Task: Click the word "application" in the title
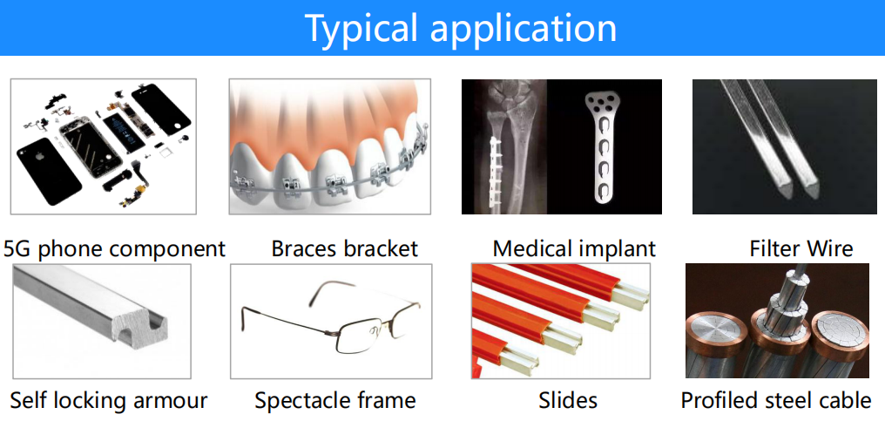[x=524, y=28]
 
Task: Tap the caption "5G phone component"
[x=115, y=248]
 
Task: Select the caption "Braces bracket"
[x=344, y=248]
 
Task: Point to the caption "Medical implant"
[x=574, y=248]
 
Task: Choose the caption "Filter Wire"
[x=801, y=248]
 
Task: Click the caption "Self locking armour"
[x=109, y=401]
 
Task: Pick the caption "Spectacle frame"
[x=334, y=401]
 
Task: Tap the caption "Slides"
[x=568, y=401]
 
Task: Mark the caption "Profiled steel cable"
[x=776, y=401]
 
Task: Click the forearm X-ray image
[x=504, y=147]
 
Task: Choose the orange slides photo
[x=560, y=321]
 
